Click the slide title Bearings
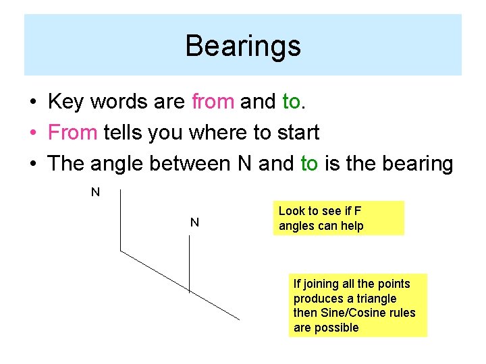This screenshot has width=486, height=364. click(x=242, y=47)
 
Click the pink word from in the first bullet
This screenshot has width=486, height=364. click(x=213, y=102)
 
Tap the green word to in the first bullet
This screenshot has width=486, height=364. click(x=291, y=102)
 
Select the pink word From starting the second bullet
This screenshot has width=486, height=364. click(x=73, y=133)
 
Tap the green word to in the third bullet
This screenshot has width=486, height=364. click(x=309, y=164)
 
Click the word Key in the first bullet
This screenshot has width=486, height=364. click(x=65, y=102)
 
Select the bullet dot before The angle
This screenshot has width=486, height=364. click(x=32, y=164)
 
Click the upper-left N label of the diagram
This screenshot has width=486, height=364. click(x=95, y=192)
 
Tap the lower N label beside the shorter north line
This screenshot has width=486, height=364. click(x=194, y=222)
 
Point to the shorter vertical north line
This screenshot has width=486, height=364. click(x=189, y=264)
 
